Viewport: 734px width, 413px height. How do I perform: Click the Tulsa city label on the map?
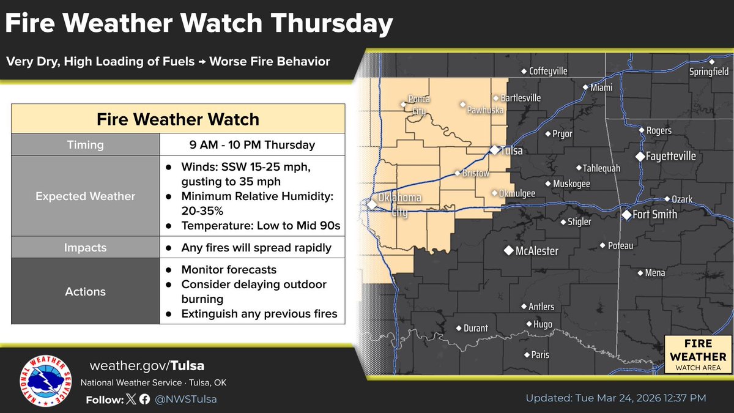coord(513,151)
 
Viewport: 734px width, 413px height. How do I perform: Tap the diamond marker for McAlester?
coord(508,251)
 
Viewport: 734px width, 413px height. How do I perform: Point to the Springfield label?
coord(710,71)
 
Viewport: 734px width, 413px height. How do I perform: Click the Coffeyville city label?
coord(548,71)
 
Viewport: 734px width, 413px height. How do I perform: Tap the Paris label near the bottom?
coord(540,355)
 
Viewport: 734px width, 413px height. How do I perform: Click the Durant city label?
coord(475,329)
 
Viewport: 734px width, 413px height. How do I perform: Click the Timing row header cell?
coord(86,145)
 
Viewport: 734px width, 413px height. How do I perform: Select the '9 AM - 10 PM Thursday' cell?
coord(252,145)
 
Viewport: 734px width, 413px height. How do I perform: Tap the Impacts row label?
coord(86,248)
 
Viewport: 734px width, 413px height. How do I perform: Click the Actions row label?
coord(86,292)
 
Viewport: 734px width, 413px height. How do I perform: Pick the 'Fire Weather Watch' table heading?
coord(178,119)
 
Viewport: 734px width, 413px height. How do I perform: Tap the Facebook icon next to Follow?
coord(144,399)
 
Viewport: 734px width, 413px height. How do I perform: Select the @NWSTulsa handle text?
coord(186,399)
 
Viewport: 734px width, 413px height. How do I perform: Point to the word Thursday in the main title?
coord(330,24)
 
